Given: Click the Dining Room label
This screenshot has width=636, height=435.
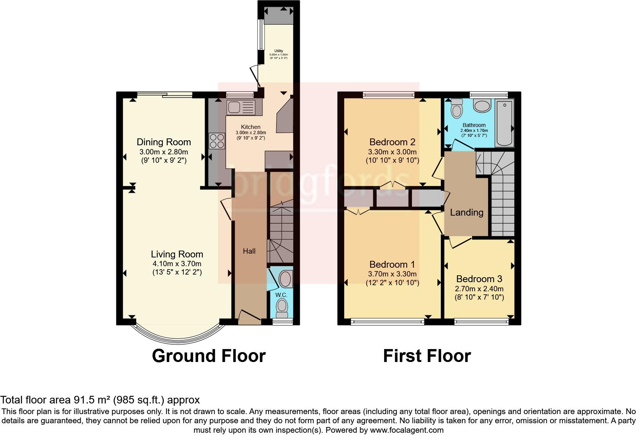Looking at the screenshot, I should point(164,142).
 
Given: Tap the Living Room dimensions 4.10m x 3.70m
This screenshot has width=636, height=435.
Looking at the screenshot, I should point(176,264).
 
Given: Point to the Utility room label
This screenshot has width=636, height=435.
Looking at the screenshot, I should point(279,51).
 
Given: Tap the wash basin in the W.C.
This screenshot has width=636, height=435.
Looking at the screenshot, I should point(285,279).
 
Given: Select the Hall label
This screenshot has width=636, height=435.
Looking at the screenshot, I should point(249,251).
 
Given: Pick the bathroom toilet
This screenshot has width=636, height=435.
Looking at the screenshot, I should point(456,109).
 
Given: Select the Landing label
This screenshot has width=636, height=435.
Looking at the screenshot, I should point(466,212).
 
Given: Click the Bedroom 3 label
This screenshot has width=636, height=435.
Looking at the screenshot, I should point(479,279).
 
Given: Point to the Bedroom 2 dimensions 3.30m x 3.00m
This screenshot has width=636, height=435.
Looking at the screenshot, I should point(393,152).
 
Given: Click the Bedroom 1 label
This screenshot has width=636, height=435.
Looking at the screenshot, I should point(392,264).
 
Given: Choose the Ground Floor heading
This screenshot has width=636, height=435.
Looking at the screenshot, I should point(208,356).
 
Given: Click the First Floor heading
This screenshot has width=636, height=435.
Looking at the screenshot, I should point(427,356).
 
